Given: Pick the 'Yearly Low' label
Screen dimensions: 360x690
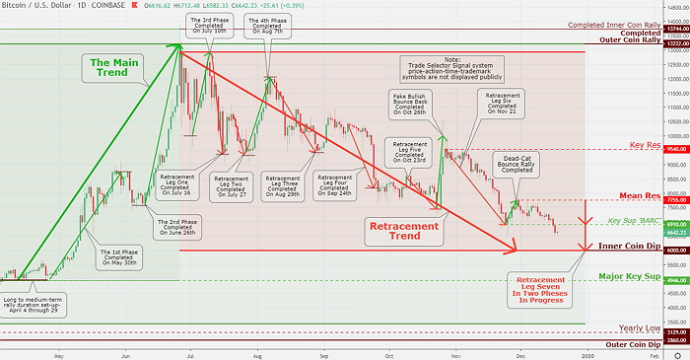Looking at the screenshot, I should (x=639, y=327).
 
